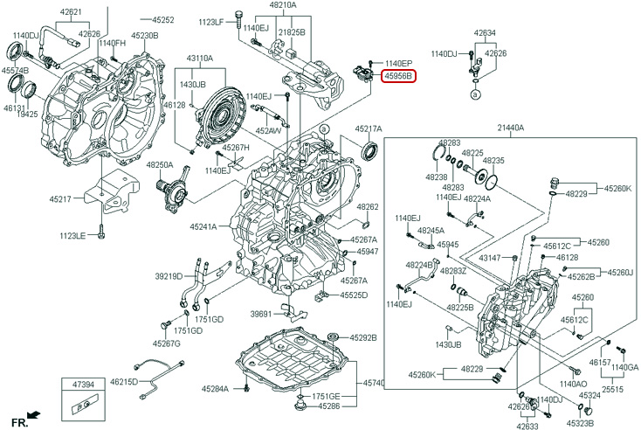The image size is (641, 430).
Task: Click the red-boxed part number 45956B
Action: click(397, 77)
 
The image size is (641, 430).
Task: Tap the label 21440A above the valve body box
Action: click(511, 128)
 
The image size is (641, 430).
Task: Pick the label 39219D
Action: click(169, 276)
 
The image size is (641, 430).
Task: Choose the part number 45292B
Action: click(363, 337)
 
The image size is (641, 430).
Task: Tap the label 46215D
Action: click(123, 382)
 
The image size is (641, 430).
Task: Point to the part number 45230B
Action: click(145, 36)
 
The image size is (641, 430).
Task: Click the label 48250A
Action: click(160, 164)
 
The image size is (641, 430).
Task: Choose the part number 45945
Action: click(448, 245)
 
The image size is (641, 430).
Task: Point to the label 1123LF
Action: click(210, 21)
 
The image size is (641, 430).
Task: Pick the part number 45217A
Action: click(369, 128)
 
